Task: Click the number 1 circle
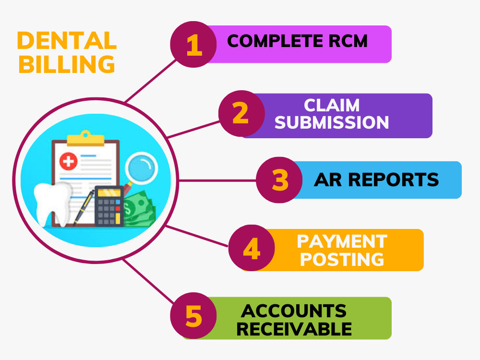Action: pyautogui.click(x=193, y=44)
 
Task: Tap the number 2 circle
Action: pyautogui.click(x=241, y=114)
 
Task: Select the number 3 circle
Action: pyautogui.click(x=279, y=180)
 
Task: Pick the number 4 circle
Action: pyautogui.click(x=252, y=248)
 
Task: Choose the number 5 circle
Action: pyautogui.click(x=193, y=316)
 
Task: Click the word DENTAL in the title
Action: pyautogui.click(x=67, y=41)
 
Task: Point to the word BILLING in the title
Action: pyautogui.click(x=67, y=64)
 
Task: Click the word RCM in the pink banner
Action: pyautogui.click(x=348, y=41)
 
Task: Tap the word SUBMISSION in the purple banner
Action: pyautogui.click(x=332, y=122)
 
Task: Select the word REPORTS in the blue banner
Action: pyautogui.click(x=394, y=180)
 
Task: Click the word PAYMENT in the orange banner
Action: pyautogui.click(x=342, y=241)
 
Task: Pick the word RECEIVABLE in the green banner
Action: pyautogui.click(x=294, y=329)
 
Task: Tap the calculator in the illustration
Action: pyautogui.click(x=109, y=206)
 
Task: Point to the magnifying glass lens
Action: pyautogui.click(x=141, y=168)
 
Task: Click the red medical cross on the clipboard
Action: pyautogui.click(x=68, y=161)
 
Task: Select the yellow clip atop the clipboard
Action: pyautogui.click(x=86, y=138)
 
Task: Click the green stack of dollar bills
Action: pyautogui.click(x=139, y=208)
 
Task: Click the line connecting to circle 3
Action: pyautogui.click(x=217, y=180)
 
